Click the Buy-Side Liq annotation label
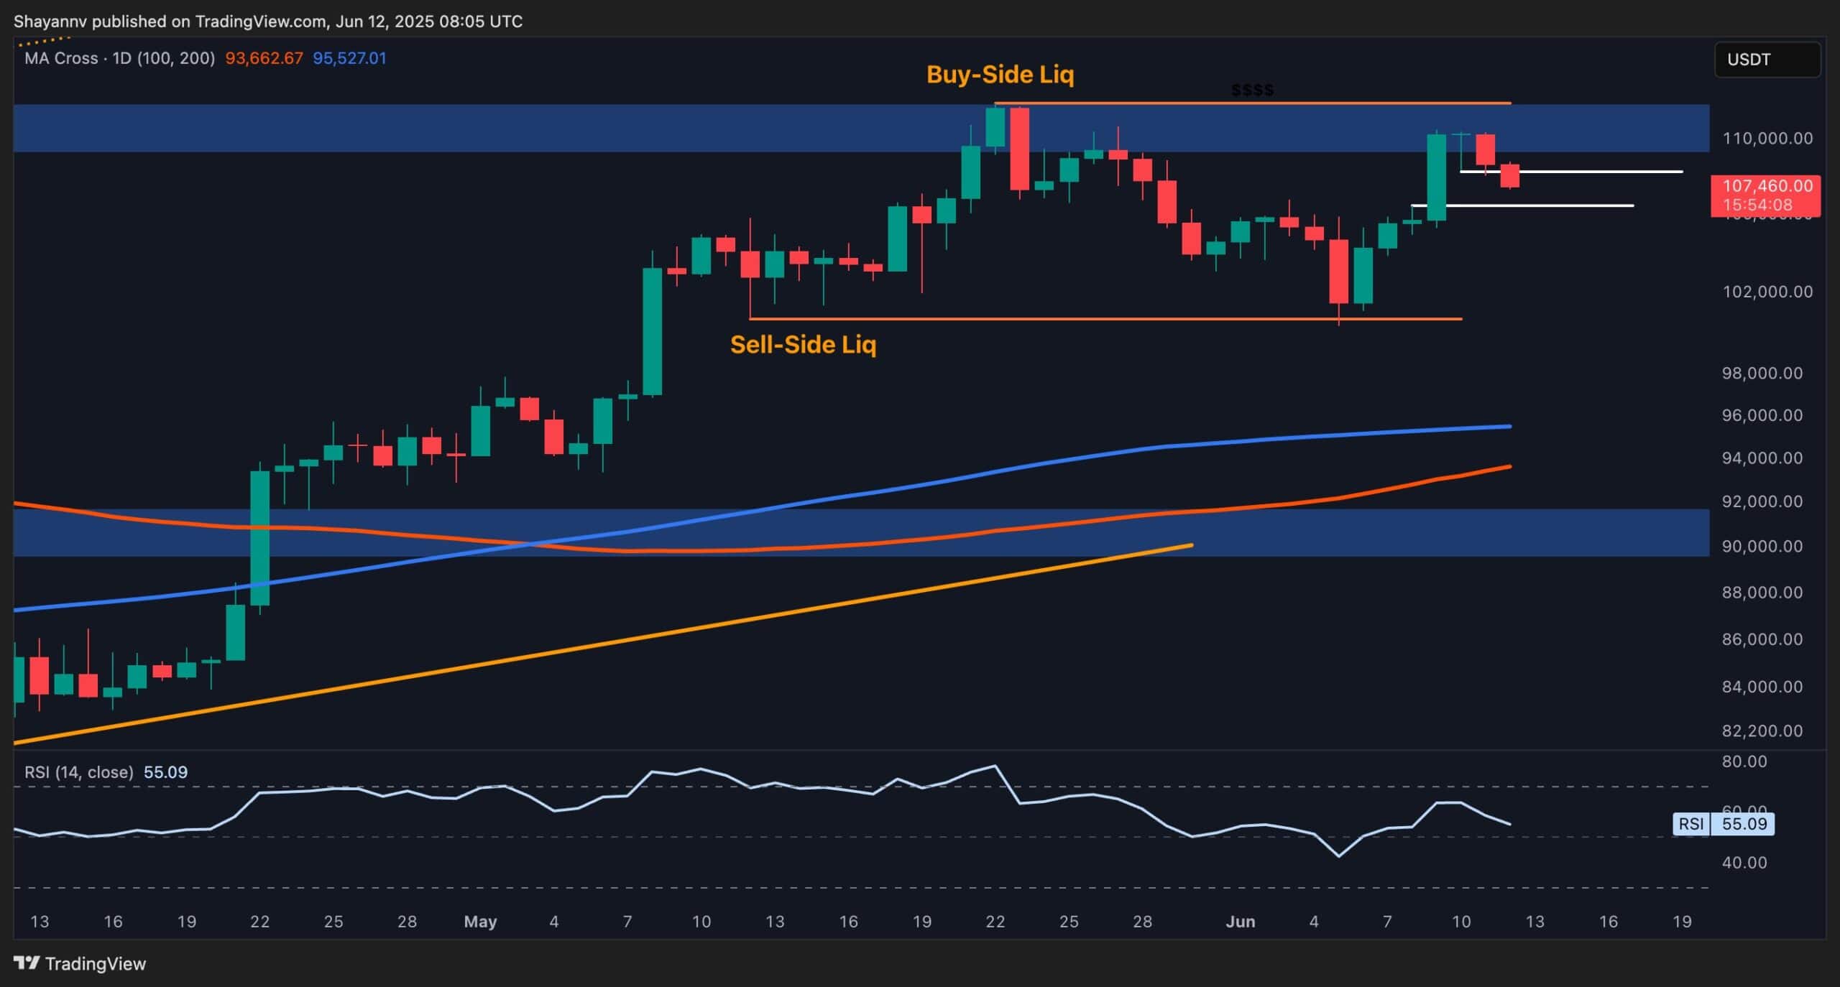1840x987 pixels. click(x=1000, y=75)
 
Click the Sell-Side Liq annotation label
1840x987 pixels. click(x=803, y=345)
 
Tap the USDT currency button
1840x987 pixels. click(x=1767, y=60)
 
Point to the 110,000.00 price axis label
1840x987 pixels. click(x=1767, y=139)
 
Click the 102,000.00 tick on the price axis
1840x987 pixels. click(x=1767, y=292)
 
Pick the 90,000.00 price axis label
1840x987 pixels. click(x=1767, y=547)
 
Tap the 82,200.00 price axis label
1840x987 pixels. click(x=1767, y=731)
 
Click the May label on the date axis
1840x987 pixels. click(x=480, y=922)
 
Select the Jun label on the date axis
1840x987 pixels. click(x=1240, y=922)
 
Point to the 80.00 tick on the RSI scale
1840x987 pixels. click(x=1744, y=761)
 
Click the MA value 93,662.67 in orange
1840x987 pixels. click(x=264, y=58)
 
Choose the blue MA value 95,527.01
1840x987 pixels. click(x=349, y=58)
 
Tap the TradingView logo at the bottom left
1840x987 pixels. click(x=80, y=964)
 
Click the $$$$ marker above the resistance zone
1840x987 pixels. click(x=1252, y=91)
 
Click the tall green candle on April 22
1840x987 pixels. click(x=259, y=537)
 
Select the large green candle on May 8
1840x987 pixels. click(x=652, y=331)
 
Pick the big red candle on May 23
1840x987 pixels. click(x=1019, y=149)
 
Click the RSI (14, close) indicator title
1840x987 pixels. click(x=79, y=772)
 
